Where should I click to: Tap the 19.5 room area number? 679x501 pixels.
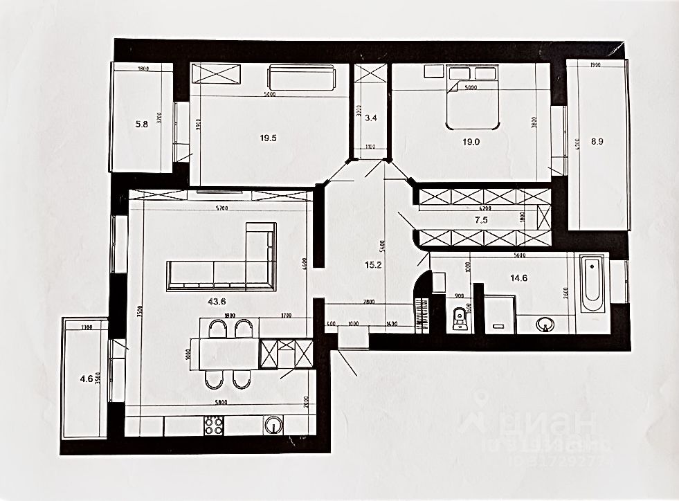[269, 138]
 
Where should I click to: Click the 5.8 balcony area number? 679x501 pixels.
[142, 125]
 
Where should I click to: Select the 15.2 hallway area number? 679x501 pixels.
[373, 264]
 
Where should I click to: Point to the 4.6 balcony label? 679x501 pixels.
[87, 378]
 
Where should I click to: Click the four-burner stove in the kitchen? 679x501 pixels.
[213, 424]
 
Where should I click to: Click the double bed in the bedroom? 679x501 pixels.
[473, 97]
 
